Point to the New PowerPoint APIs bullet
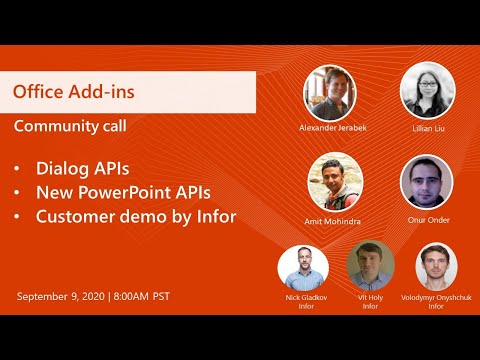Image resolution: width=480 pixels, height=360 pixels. pyautogui.click(x=123, y=191)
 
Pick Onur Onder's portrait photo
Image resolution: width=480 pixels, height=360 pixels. pyautogui.click(x=427, y=182)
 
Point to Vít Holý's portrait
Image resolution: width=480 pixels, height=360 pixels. pyautogui.click(x=370, y=266)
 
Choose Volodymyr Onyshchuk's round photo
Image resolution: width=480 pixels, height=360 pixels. pyautogui.click(x=437, y=266)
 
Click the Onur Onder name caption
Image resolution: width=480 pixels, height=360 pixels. pyautogui.click(x=427, y=220)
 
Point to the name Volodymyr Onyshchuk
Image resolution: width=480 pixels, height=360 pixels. pyautogui.click(x=436, y=298)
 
